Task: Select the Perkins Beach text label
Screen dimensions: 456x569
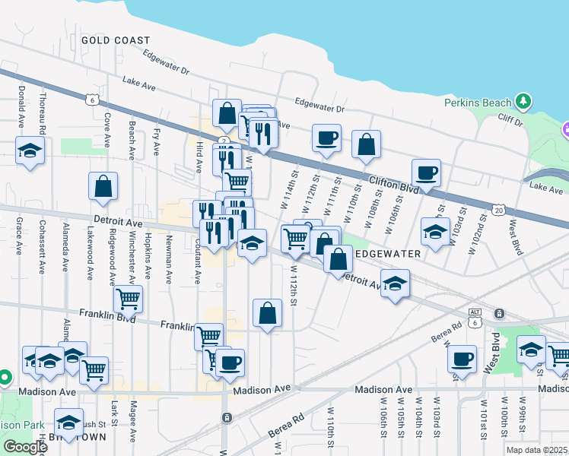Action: tap(476, 102)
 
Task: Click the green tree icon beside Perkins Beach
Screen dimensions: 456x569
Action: tap(522, 101)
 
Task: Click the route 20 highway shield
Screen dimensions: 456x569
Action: tap(498, 209)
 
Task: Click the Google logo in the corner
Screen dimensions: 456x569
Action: tap(24, 447)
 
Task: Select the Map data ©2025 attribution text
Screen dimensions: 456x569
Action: tap(536, 450)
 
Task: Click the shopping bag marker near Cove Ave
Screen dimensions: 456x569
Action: tap(103, 185)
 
